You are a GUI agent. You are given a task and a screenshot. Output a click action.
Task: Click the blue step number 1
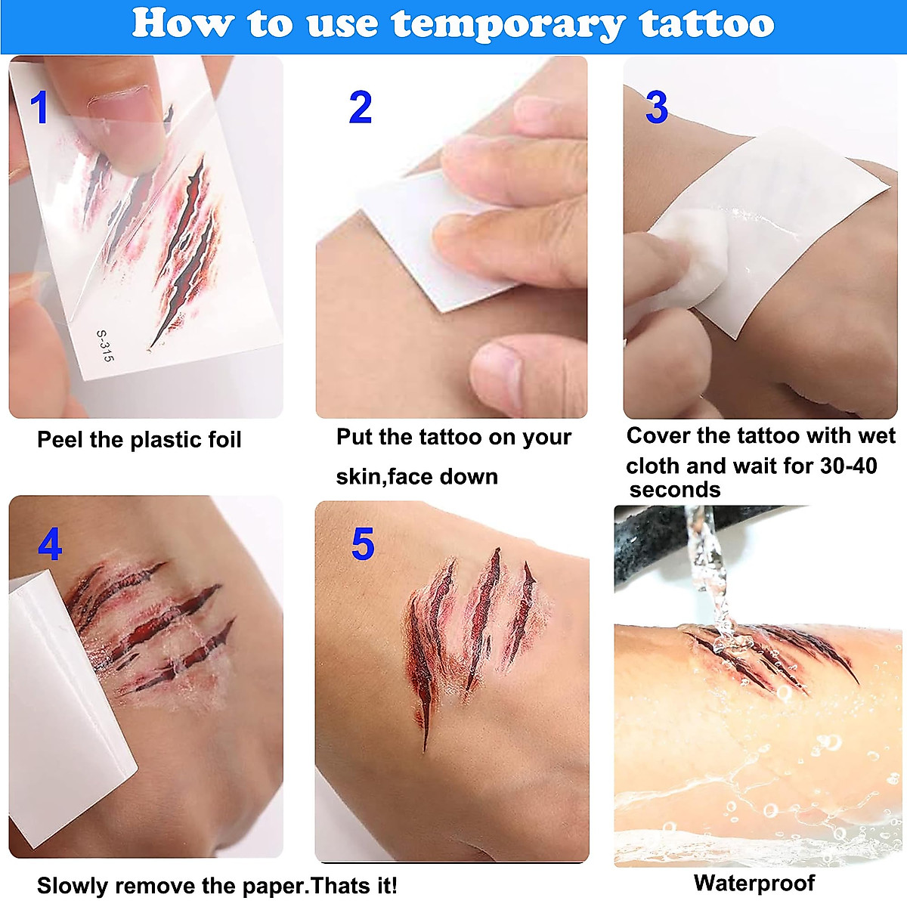[x=39, y=107]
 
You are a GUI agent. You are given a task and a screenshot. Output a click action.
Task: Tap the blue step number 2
[x=361, y=108]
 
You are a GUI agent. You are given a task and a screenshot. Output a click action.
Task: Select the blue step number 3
[x=656, y=108]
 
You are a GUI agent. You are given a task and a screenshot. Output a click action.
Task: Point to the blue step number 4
[x=49, y=544]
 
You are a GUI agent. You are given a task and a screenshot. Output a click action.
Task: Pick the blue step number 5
[x=363, y=544]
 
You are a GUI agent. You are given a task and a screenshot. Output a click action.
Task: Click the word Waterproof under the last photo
[x=754, y=883]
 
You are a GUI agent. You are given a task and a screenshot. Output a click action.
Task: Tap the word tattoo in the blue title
[x=707, y=24]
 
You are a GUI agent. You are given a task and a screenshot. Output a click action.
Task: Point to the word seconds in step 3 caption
[x=674, y=490]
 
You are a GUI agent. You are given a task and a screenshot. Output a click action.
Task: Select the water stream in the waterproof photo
[x=707, y=574]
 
